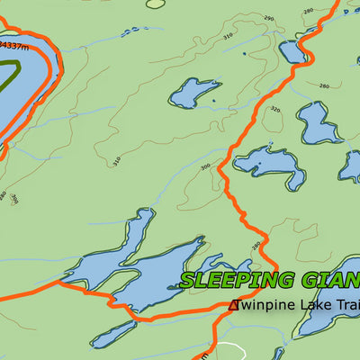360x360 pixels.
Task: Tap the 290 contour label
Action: click(267, 19)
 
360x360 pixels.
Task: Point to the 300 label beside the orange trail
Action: click(205, 166)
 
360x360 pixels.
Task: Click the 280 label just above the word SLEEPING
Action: click(256, 244)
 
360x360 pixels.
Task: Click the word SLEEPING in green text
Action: click(237, 280)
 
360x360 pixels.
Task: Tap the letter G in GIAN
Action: click(311, 280)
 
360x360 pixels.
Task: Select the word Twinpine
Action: click(263, 305)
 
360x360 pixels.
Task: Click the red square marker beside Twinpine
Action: click(235, 305)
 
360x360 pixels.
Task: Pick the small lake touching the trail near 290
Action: click(293, 50)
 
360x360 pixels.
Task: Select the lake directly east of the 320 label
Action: click(317, 123)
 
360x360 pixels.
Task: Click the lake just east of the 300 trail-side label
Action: click(268, 164)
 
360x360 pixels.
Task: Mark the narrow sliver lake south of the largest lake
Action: click(112, 335)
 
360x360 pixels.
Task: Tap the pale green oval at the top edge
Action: click(156, 4)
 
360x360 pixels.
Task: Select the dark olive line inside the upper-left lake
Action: click(13, 70)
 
